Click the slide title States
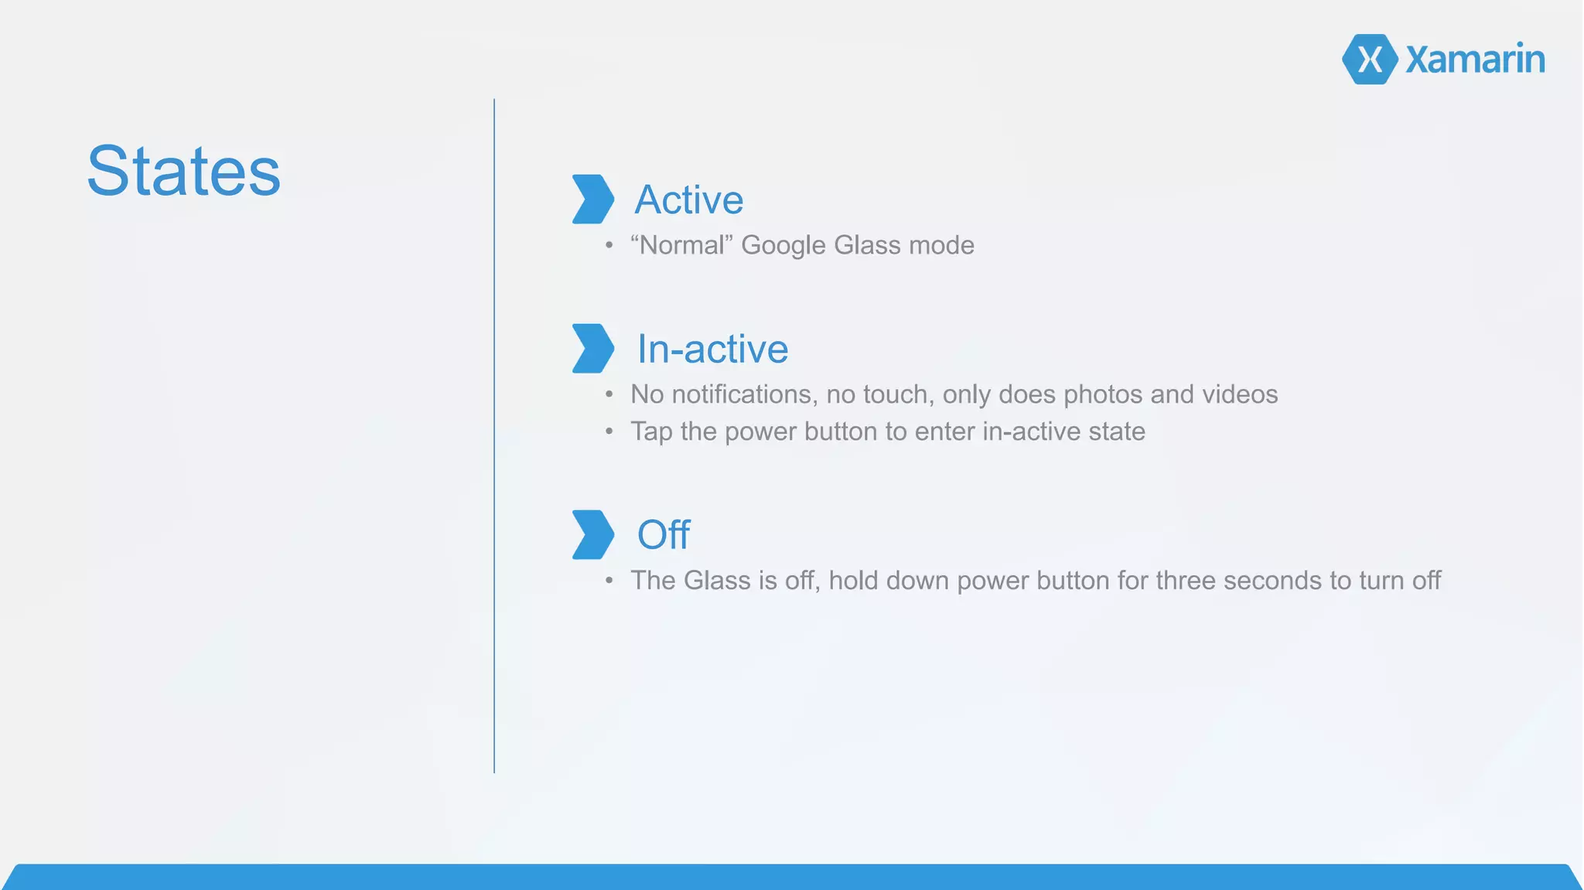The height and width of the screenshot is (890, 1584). point(183,171)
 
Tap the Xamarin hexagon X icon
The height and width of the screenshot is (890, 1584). point(1369,60)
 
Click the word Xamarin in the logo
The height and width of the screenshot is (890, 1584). point(1474,60)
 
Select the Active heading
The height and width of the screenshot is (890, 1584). point(688,199)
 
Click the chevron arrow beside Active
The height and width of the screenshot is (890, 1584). point(592,199)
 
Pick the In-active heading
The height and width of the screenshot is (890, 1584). point(712,349)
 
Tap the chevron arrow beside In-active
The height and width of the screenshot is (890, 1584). point(592,349)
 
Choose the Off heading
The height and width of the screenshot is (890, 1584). point(663,534)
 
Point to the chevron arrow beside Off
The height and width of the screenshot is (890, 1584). point(592,534)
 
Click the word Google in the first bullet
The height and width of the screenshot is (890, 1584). point(783,246)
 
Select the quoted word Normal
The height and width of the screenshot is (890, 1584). point(681,245)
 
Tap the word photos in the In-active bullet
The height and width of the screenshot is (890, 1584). point(1102,395)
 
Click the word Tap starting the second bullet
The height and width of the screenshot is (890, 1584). point(651,432)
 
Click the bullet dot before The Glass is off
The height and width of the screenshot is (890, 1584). point(609,581)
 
